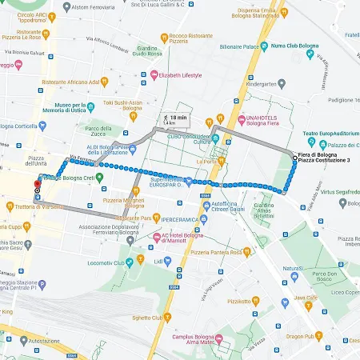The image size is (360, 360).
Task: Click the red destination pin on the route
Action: [36, 186]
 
